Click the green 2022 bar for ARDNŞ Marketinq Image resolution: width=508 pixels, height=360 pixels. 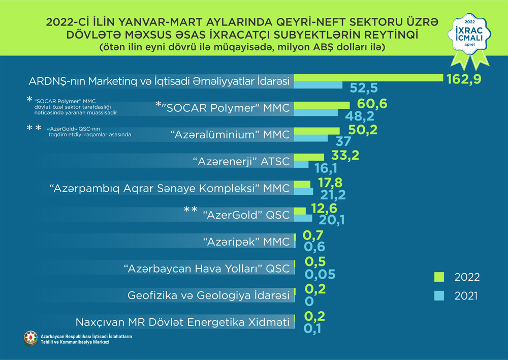[x=368, y=77]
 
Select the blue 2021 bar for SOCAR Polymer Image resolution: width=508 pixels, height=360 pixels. [x=316, y=112]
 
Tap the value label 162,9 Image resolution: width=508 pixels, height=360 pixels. [x=463, y=79]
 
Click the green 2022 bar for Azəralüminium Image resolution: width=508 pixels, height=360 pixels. [x=316, y=131]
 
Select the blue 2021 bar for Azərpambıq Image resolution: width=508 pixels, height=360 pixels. [x=304, y=191]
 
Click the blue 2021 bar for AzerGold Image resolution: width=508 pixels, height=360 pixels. [x=303, y=218]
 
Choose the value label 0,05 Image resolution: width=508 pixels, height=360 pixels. [x=320, y=275]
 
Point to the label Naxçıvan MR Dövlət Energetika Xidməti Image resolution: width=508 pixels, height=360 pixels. [x=182, y=322]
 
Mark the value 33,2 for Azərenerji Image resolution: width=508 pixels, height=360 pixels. [x=345, y=155]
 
